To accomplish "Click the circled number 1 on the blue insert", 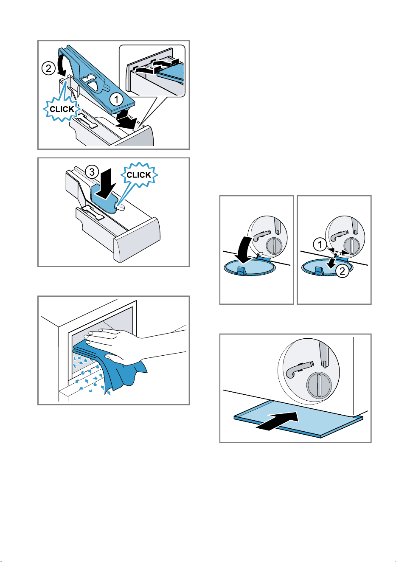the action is point(116,100).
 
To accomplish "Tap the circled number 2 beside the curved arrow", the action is point(48,68).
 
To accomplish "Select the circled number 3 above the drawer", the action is point(92,172).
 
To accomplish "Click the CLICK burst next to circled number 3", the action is point(139,175).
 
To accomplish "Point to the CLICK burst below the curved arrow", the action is point(62,109).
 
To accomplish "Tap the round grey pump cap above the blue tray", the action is point(319,385).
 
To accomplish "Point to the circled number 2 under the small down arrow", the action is point(342,271).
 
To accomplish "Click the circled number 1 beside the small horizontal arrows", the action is point(320,244).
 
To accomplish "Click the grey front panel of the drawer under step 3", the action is point(137,240).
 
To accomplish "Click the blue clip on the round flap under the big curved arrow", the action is point(241,270).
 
